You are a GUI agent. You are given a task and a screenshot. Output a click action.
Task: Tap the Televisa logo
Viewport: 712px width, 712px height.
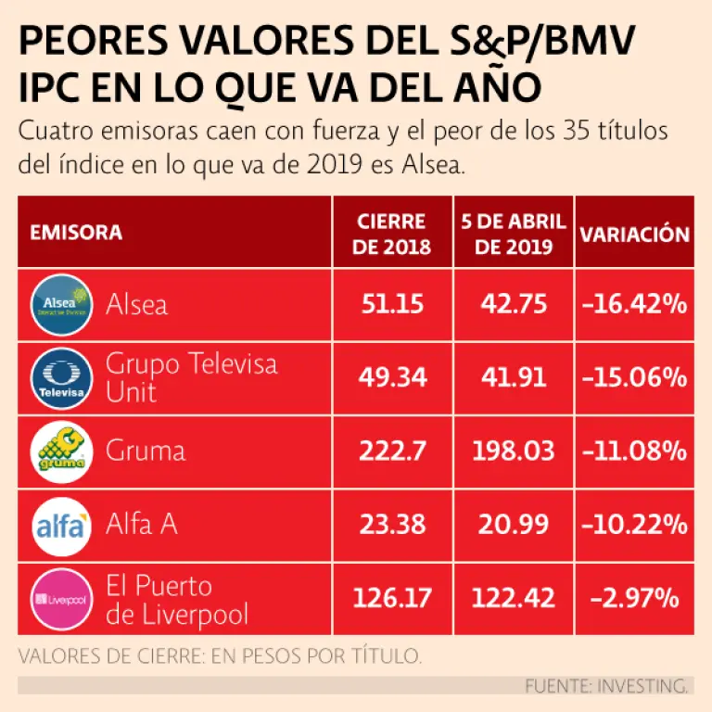pyautogui.click(x=63, y=377)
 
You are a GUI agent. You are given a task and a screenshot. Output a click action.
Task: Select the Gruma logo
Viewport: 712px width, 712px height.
pyautogui.click(x=63, y=451)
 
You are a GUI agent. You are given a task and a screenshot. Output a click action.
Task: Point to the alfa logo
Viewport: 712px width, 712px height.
pyautogui.click(x=63, y=525)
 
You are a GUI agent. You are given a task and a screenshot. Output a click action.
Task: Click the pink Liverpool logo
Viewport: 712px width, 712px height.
pyautogui.click(x=63, y=598)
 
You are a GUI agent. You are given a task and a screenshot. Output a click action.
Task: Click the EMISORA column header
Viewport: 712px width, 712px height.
pyautogui.click(x=76, y=233)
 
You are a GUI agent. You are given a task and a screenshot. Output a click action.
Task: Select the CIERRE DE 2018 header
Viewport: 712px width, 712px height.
pyautogui.click(x=392, y=234)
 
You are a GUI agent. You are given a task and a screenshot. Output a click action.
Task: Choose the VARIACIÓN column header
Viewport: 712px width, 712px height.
pyautogui.click(x=635, y=234)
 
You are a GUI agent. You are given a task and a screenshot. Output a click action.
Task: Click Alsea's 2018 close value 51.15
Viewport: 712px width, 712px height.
pyautogui.click(x=392, y=303)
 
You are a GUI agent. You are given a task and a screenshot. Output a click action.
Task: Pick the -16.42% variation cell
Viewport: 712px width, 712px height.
pyautogui.click(x=635, y=303)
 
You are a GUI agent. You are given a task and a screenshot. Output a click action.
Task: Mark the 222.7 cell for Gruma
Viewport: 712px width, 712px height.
pyautogui.click(x=392, y=451)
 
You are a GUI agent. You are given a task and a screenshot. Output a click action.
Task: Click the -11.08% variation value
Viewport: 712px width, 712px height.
pyautogui.click(x=635, y=451)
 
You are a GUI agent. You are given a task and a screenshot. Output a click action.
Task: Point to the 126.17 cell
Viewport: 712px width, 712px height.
pyautogui.click(x=392, y=598)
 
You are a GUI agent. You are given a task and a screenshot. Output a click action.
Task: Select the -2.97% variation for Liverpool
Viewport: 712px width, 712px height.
pyautogui.click(x=635, y=598)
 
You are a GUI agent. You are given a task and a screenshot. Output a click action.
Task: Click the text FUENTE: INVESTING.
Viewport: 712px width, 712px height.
pyautogui.click(x=607, y=686)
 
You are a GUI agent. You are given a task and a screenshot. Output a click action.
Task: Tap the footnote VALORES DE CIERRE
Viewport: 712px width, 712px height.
pyautogui.click(x=220, y=656)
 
